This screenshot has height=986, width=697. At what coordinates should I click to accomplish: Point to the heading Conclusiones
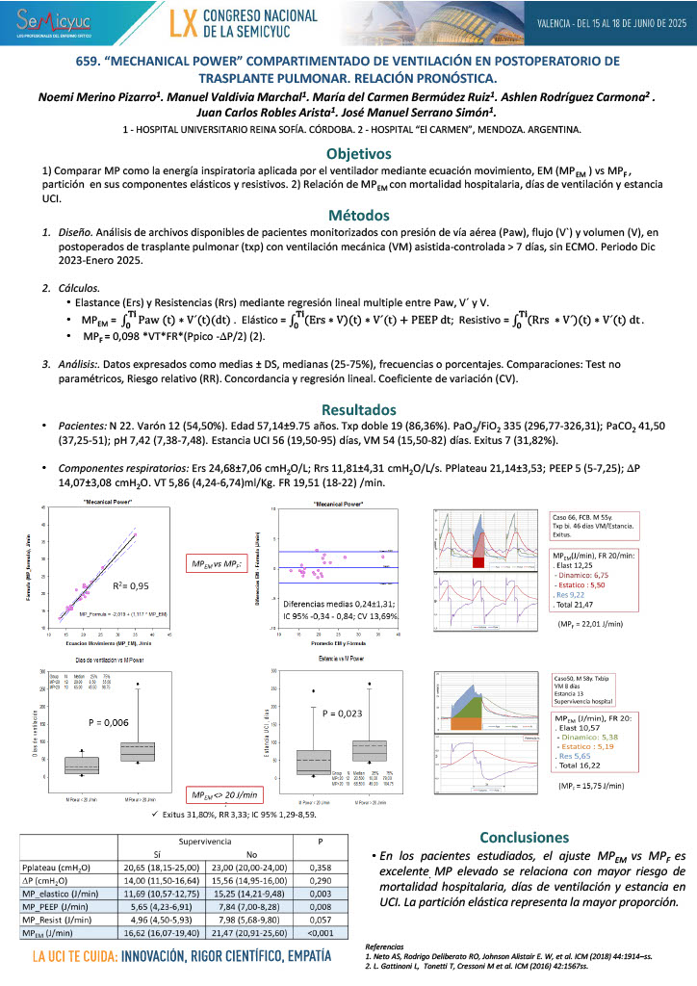(530, 837)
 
